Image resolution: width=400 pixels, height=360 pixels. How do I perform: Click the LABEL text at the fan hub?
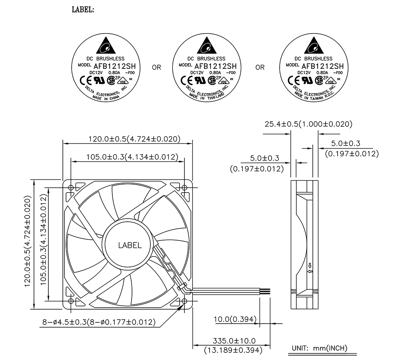click(130, 245)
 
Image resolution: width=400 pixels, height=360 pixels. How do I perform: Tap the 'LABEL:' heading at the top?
click(83, 10)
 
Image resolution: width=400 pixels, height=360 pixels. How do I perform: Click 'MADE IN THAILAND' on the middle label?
click(206, 97)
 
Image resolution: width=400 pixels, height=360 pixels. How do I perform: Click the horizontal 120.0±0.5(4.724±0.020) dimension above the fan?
click(134, 139)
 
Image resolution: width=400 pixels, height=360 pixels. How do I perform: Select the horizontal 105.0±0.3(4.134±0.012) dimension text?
click(132, 157)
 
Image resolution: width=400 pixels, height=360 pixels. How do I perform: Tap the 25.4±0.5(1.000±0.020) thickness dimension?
click(308, 124)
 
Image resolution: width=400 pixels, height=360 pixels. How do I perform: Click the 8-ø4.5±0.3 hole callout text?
click(99, 322)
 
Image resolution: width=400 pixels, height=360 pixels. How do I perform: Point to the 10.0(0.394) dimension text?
click(235, 319)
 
